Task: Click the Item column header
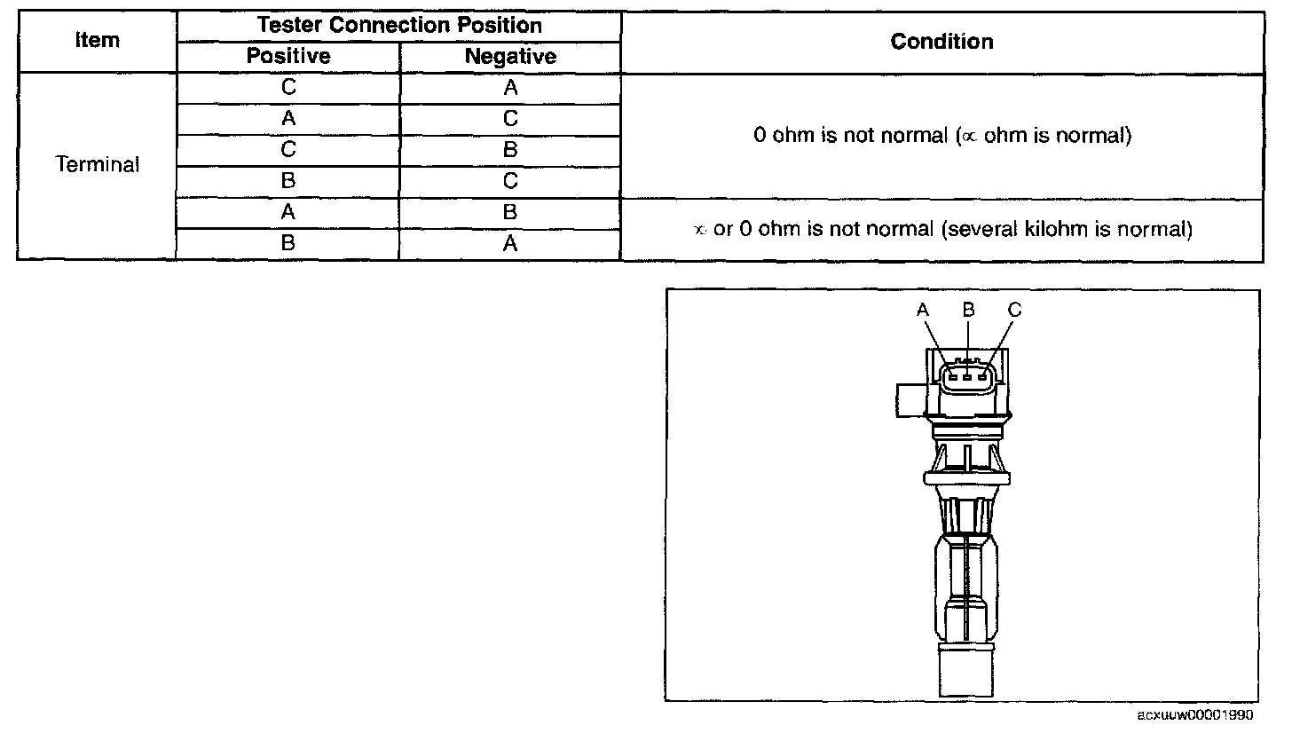pyautogui.click(x=98, y=41)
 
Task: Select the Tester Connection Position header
pyautogui.click(x=399, y=25)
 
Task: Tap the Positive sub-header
pyautogui.click(x=288, y=57)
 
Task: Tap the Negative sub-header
pyautogui.click(x=510, y=57)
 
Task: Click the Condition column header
pyautogui.click(x=941, y=41)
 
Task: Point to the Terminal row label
pyautogui.click(x=98, y=165)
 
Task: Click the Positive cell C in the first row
pyautogui.click(x=288, y=88)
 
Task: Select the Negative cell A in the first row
pyautogui.click(x=510, y=88)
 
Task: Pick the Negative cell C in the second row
pyautogui.click(x=510, y=119)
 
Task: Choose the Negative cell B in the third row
pyautogui.click(x=510, y=150)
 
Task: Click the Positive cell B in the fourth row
pyautogui.click(x=288, y=181)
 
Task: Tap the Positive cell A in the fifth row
pyautogui.click(x=288, y=212)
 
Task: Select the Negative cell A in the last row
pyautogui.click(x=510, y=243)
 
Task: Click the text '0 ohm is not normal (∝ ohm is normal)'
pyautogui.click(x=941, y=137)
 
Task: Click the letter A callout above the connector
pyautogui.click(x=923, y=310)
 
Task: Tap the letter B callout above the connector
pyautogui.click(x=969, y=310)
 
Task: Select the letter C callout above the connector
pyautogui.click(x=1015, y=310)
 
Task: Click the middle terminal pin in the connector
pyautogui.click(x=968, y=376)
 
